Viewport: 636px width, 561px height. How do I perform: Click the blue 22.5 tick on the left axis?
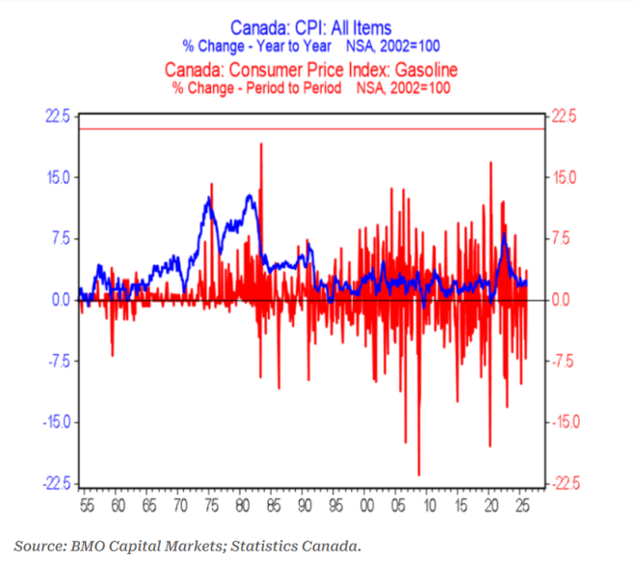pos(57,117)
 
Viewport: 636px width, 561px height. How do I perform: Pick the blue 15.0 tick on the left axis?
pos(57,177)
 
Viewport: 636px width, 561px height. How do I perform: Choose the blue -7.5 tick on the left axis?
pos(56,361)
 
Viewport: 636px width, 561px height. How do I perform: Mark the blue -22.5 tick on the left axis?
pos(54,483)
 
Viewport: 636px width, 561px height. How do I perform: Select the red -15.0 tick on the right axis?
pos(567,421)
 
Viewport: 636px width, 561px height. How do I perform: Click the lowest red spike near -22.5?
pos(419,472)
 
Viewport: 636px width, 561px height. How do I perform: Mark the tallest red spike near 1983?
pos(261,145)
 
